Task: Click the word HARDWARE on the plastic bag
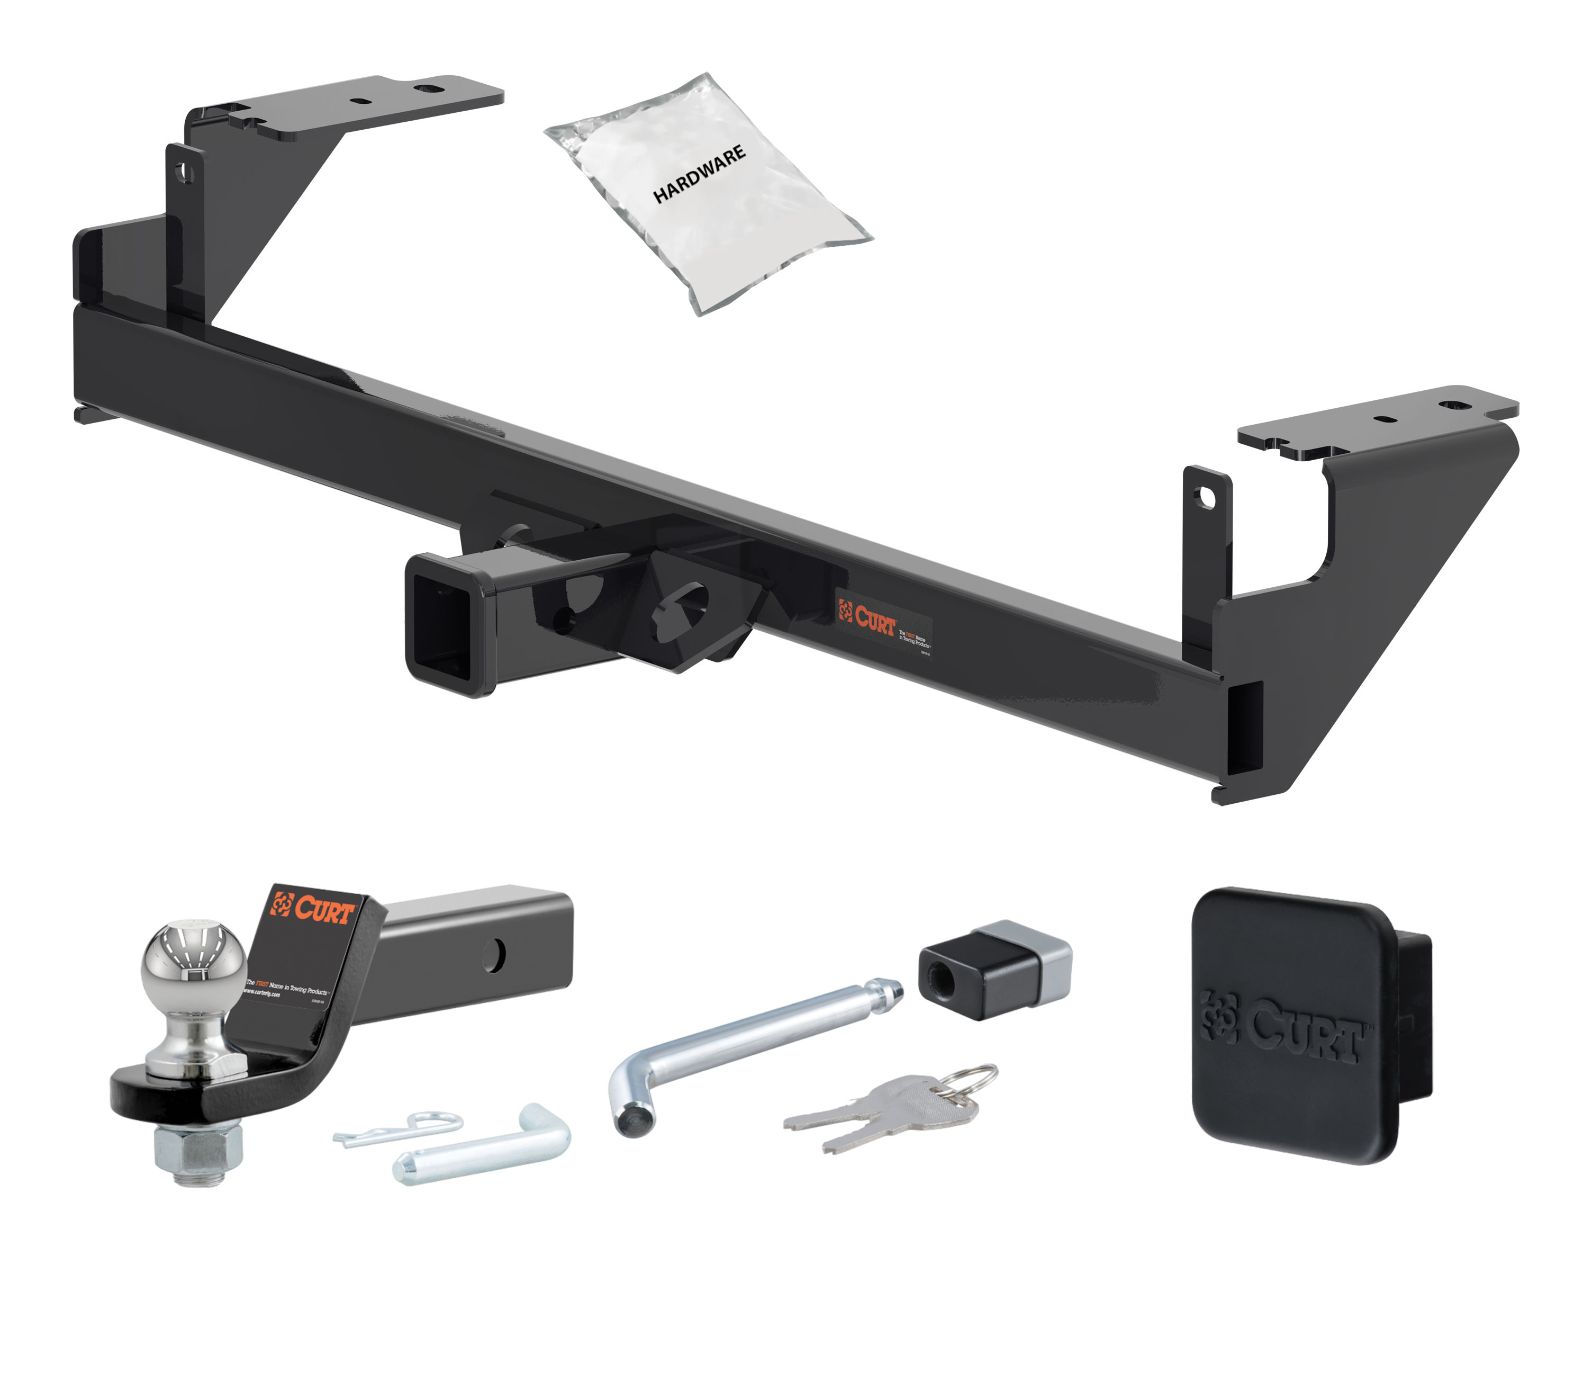coord(699,174)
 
